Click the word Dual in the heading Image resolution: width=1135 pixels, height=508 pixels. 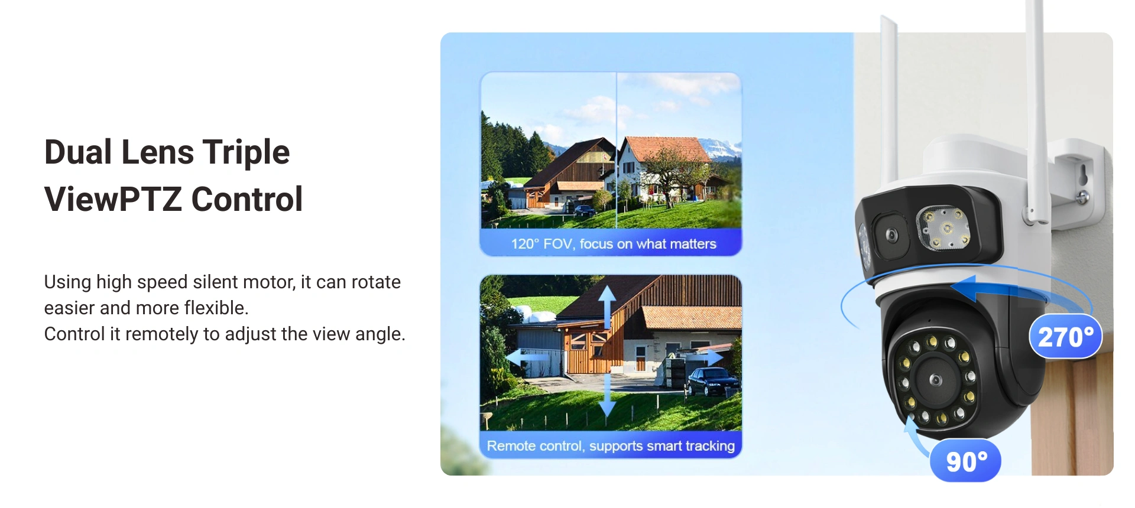[78, 152]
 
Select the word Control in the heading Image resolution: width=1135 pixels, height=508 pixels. [247, 199]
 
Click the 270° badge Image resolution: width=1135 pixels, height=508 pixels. [1066, 336]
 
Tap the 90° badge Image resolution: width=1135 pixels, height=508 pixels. [966, 461]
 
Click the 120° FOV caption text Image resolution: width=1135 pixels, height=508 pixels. [614, 244]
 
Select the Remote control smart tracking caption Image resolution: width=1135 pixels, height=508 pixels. [611, 446]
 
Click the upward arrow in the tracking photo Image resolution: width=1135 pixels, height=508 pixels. [607, 307]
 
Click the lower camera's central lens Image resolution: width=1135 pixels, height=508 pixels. [936, 380]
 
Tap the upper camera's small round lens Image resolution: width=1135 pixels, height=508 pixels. [891, 236]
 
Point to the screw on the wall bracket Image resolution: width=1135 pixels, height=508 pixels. [1082, 197]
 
